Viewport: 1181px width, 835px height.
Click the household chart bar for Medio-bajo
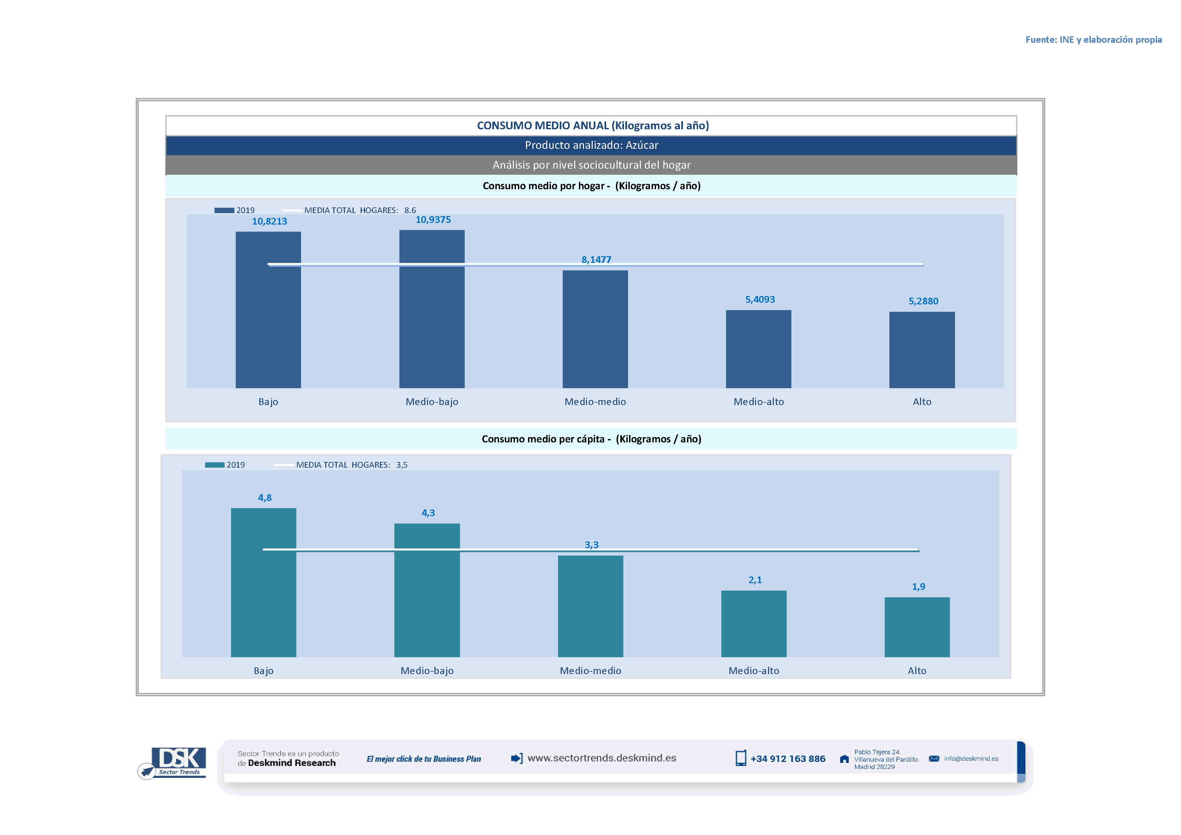pos(432,308)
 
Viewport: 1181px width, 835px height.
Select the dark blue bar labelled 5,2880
pos(922,349)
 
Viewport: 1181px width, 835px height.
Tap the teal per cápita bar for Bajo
pos(263,582)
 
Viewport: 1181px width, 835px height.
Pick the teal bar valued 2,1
pos(754,623)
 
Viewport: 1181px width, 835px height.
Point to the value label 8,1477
pos(596,260)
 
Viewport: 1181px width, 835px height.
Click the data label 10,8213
pos(269,222)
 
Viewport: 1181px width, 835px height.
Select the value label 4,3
pos(428,513)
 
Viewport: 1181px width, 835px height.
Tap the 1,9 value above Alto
pos(918,587)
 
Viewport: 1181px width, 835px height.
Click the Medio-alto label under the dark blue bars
pos(759,402)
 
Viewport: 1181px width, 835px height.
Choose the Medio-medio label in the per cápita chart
pos(591,670)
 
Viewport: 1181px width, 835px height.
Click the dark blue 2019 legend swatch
pos(224,210)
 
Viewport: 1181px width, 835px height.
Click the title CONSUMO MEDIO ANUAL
pos(593,126)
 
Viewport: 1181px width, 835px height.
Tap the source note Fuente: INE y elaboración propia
pos(1093,40)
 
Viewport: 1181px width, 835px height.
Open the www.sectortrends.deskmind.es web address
pos(601,758)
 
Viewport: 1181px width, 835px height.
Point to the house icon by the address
pos(844,759)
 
